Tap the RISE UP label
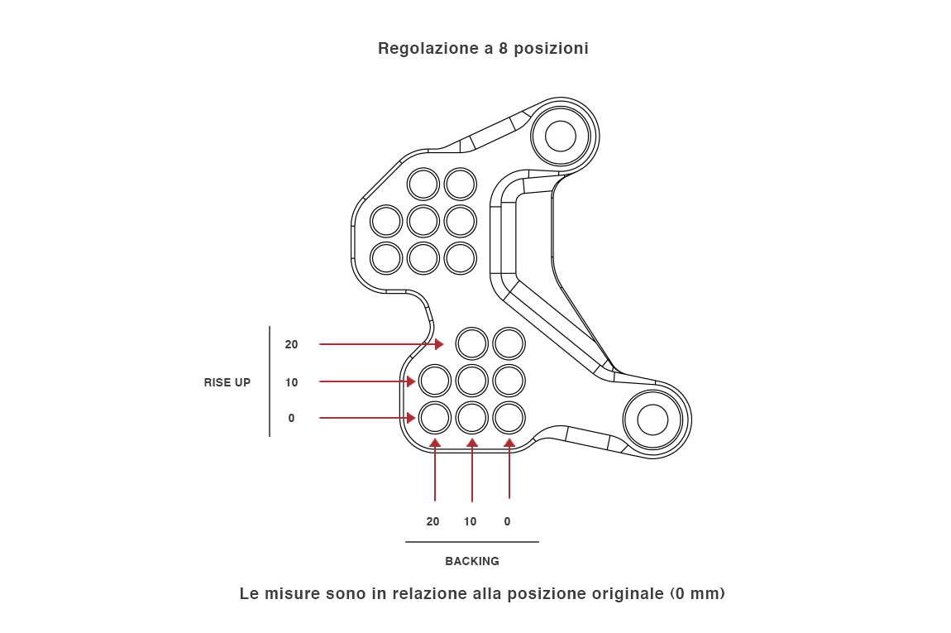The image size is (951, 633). [227, 382]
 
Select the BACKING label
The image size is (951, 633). [472, 561]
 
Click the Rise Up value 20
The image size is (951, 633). [291, 344]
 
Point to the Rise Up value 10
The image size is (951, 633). [291, 382]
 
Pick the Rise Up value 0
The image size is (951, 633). [291, 419]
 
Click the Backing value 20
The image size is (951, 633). [433, 521]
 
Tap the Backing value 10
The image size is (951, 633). [470, 521]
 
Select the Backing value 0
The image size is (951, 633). [507, 521]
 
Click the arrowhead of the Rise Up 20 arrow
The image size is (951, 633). [440, 343]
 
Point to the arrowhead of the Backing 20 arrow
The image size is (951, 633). [435, 443]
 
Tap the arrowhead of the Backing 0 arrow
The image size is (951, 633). [509, 443]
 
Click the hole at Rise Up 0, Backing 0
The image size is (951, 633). [509, 418]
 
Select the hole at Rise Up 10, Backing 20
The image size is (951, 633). [435, 381]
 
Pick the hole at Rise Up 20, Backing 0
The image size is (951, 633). [509, 343]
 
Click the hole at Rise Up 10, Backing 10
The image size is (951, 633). [472, 381]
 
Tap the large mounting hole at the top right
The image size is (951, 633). [561, 136]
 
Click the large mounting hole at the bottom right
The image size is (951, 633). [652, 420]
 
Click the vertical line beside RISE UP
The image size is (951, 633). [270, 381]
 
